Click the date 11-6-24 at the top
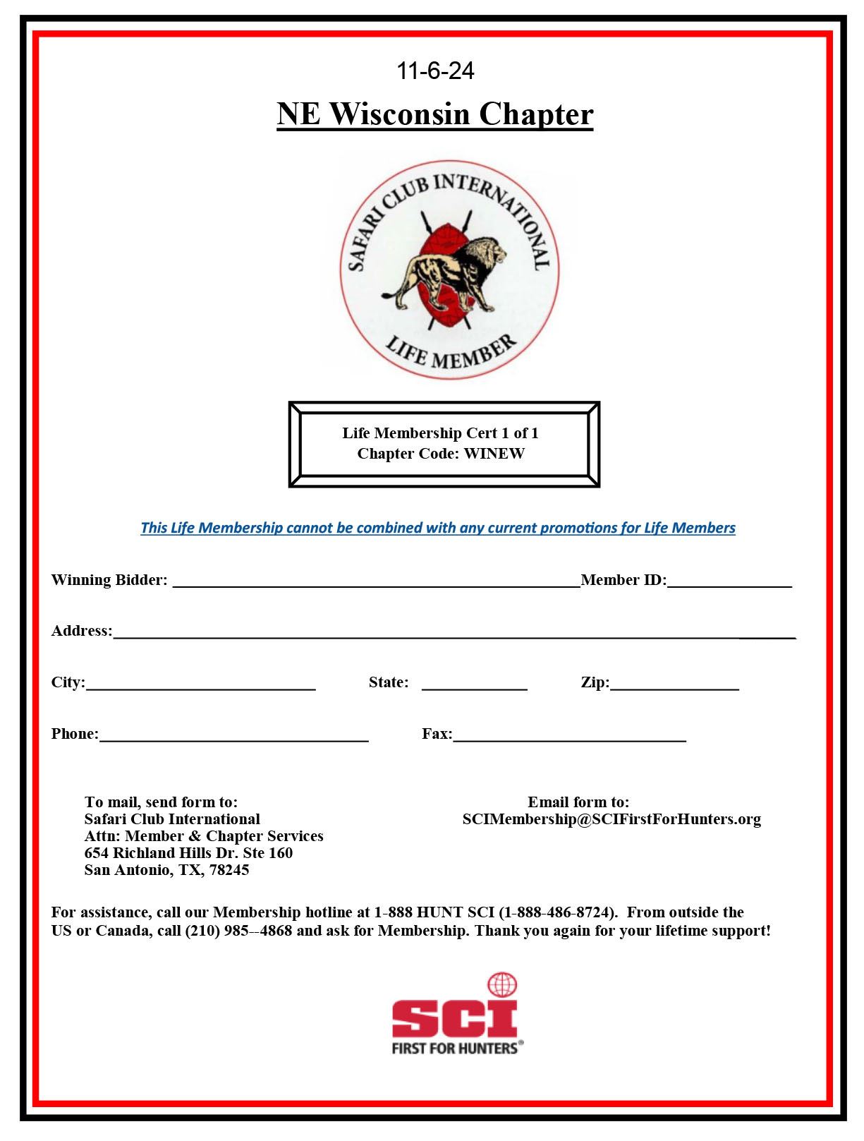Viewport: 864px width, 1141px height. pyautogui.click(x=435, y=71)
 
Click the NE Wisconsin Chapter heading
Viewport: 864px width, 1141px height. pyautogui.click(x=434, y=114)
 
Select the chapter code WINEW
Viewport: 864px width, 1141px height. pyautogui.click(x=494, y=453)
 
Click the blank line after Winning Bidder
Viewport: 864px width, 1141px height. pyautogui.click(x=376, y=583)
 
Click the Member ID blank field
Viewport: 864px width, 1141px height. pyautogui.click(x=729, y=583)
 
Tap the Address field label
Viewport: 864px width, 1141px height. pyautogui.click(x=81, y=631)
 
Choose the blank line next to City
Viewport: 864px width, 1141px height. pyautogui.click(x=200, y=685)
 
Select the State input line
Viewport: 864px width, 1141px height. pyautogui.click(x=474, y=685)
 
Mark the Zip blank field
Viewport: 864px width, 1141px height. pyautogui.click(x=674, y=685)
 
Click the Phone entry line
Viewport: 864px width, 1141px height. pyautogui.click(x=233, y=737)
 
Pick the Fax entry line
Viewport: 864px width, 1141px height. pyautogui.click(x=569, y=737)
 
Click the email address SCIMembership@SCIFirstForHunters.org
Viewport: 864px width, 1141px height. pyautogui.click(x=612, y=819)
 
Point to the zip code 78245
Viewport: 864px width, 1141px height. pyautogui.click(x=229, y=870)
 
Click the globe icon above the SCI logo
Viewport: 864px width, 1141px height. pyautogui.click(x=502, y=985)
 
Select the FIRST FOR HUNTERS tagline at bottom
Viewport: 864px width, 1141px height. pyautogui.click(x=455, y=1048)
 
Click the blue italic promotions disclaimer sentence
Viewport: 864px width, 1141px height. pyautogui.click(x=437, y=528)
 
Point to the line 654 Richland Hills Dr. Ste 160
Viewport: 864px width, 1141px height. pyautogui.click(x=188, y=853)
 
